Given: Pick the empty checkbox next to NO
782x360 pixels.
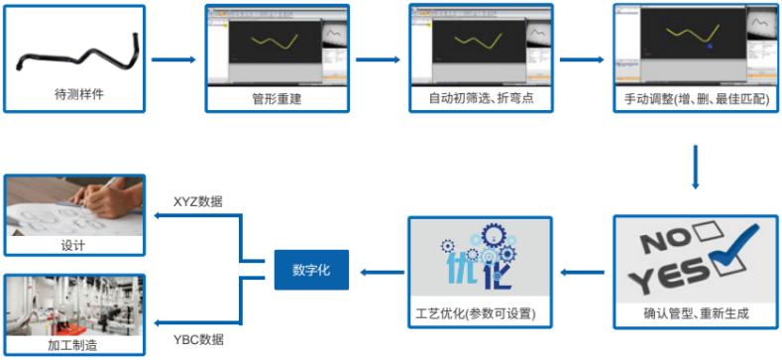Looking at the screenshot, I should click(707, 235).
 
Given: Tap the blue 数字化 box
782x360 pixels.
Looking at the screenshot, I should click(311, 270).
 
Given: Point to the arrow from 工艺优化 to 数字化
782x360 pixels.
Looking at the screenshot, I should click(381, 270).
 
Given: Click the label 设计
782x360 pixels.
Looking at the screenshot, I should click(73, 245).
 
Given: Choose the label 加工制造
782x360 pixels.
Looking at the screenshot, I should click(73, 344).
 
